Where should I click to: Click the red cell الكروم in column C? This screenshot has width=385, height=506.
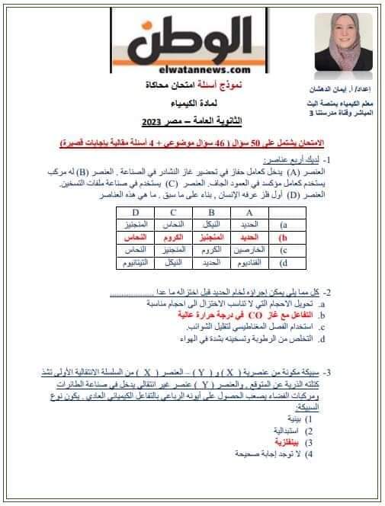coord(175,238)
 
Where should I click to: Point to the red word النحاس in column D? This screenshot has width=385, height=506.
coord(135,238)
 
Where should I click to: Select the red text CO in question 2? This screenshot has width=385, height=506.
coord(230,314)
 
